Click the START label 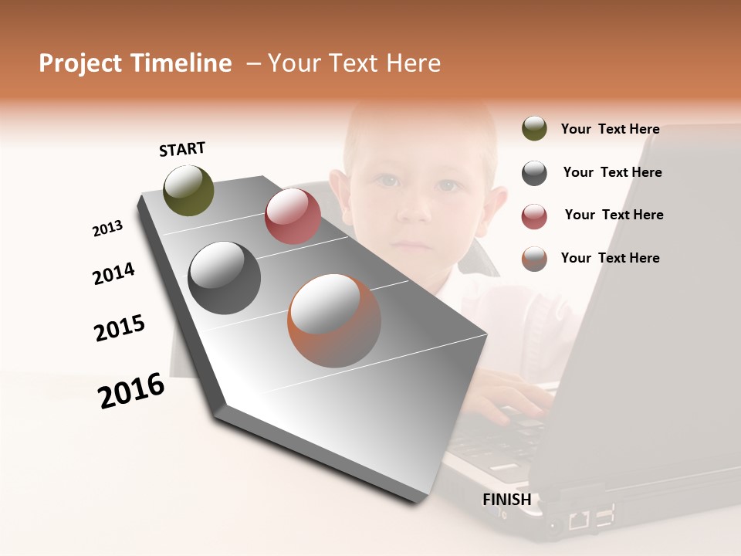point(182,149)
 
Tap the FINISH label point(506,500)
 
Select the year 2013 point(107,229)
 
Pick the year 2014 point(113,274)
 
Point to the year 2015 point(120,328)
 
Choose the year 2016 point(131,391)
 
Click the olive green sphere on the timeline point(188,190)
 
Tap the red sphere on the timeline point(293,216)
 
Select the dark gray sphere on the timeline point(225,278)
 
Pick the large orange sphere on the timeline point(333,320)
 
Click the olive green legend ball point(534,129)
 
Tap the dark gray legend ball point(534,173)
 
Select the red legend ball point(534,216)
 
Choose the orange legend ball point(534,259)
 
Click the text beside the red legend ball point(614,215)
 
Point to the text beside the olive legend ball point(610,129)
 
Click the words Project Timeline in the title point(135,63)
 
